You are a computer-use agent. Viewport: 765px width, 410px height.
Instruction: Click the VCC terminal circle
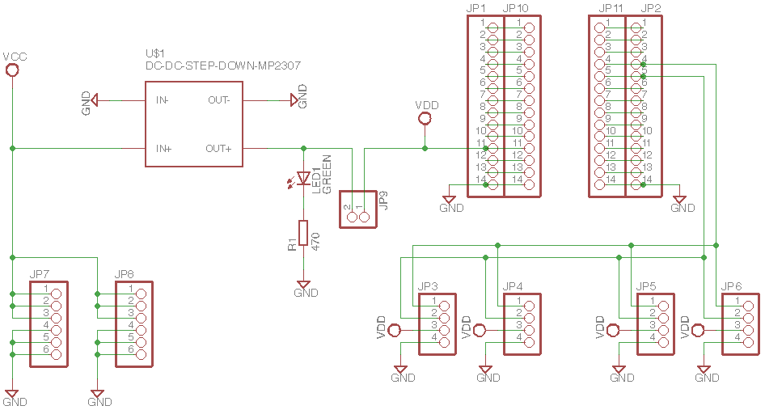tap(12, 70)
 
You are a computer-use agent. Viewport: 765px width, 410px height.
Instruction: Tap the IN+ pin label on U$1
tap(164, 149)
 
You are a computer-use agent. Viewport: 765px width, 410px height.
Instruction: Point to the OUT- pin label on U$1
tap(219, 100)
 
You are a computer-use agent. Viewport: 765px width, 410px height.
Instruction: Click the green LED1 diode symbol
tap(304, 178)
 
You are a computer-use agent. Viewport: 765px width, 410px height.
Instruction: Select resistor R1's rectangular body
tap(304, 232)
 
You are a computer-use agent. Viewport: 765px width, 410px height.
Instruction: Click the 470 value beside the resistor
tap(316, 240)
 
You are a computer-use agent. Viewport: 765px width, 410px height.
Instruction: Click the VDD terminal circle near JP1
tap(425, 120)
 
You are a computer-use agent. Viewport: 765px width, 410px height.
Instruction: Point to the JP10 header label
tap(515, 9)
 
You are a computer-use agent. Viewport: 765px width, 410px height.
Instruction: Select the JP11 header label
tap(611, 9)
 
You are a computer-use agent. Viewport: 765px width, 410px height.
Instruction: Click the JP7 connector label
tap(40, 276)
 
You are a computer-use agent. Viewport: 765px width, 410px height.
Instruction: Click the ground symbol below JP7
tap(12, 394)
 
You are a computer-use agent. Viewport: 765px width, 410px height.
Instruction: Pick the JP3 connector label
tap(428, 287)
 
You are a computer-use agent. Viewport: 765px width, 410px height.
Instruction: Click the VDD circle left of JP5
tap(614, 330)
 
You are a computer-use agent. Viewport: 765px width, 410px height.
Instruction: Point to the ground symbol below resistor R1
tap(304, 285)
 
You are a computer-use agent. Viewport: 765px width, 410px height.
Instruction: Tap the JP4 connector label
tap(513, 287)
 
